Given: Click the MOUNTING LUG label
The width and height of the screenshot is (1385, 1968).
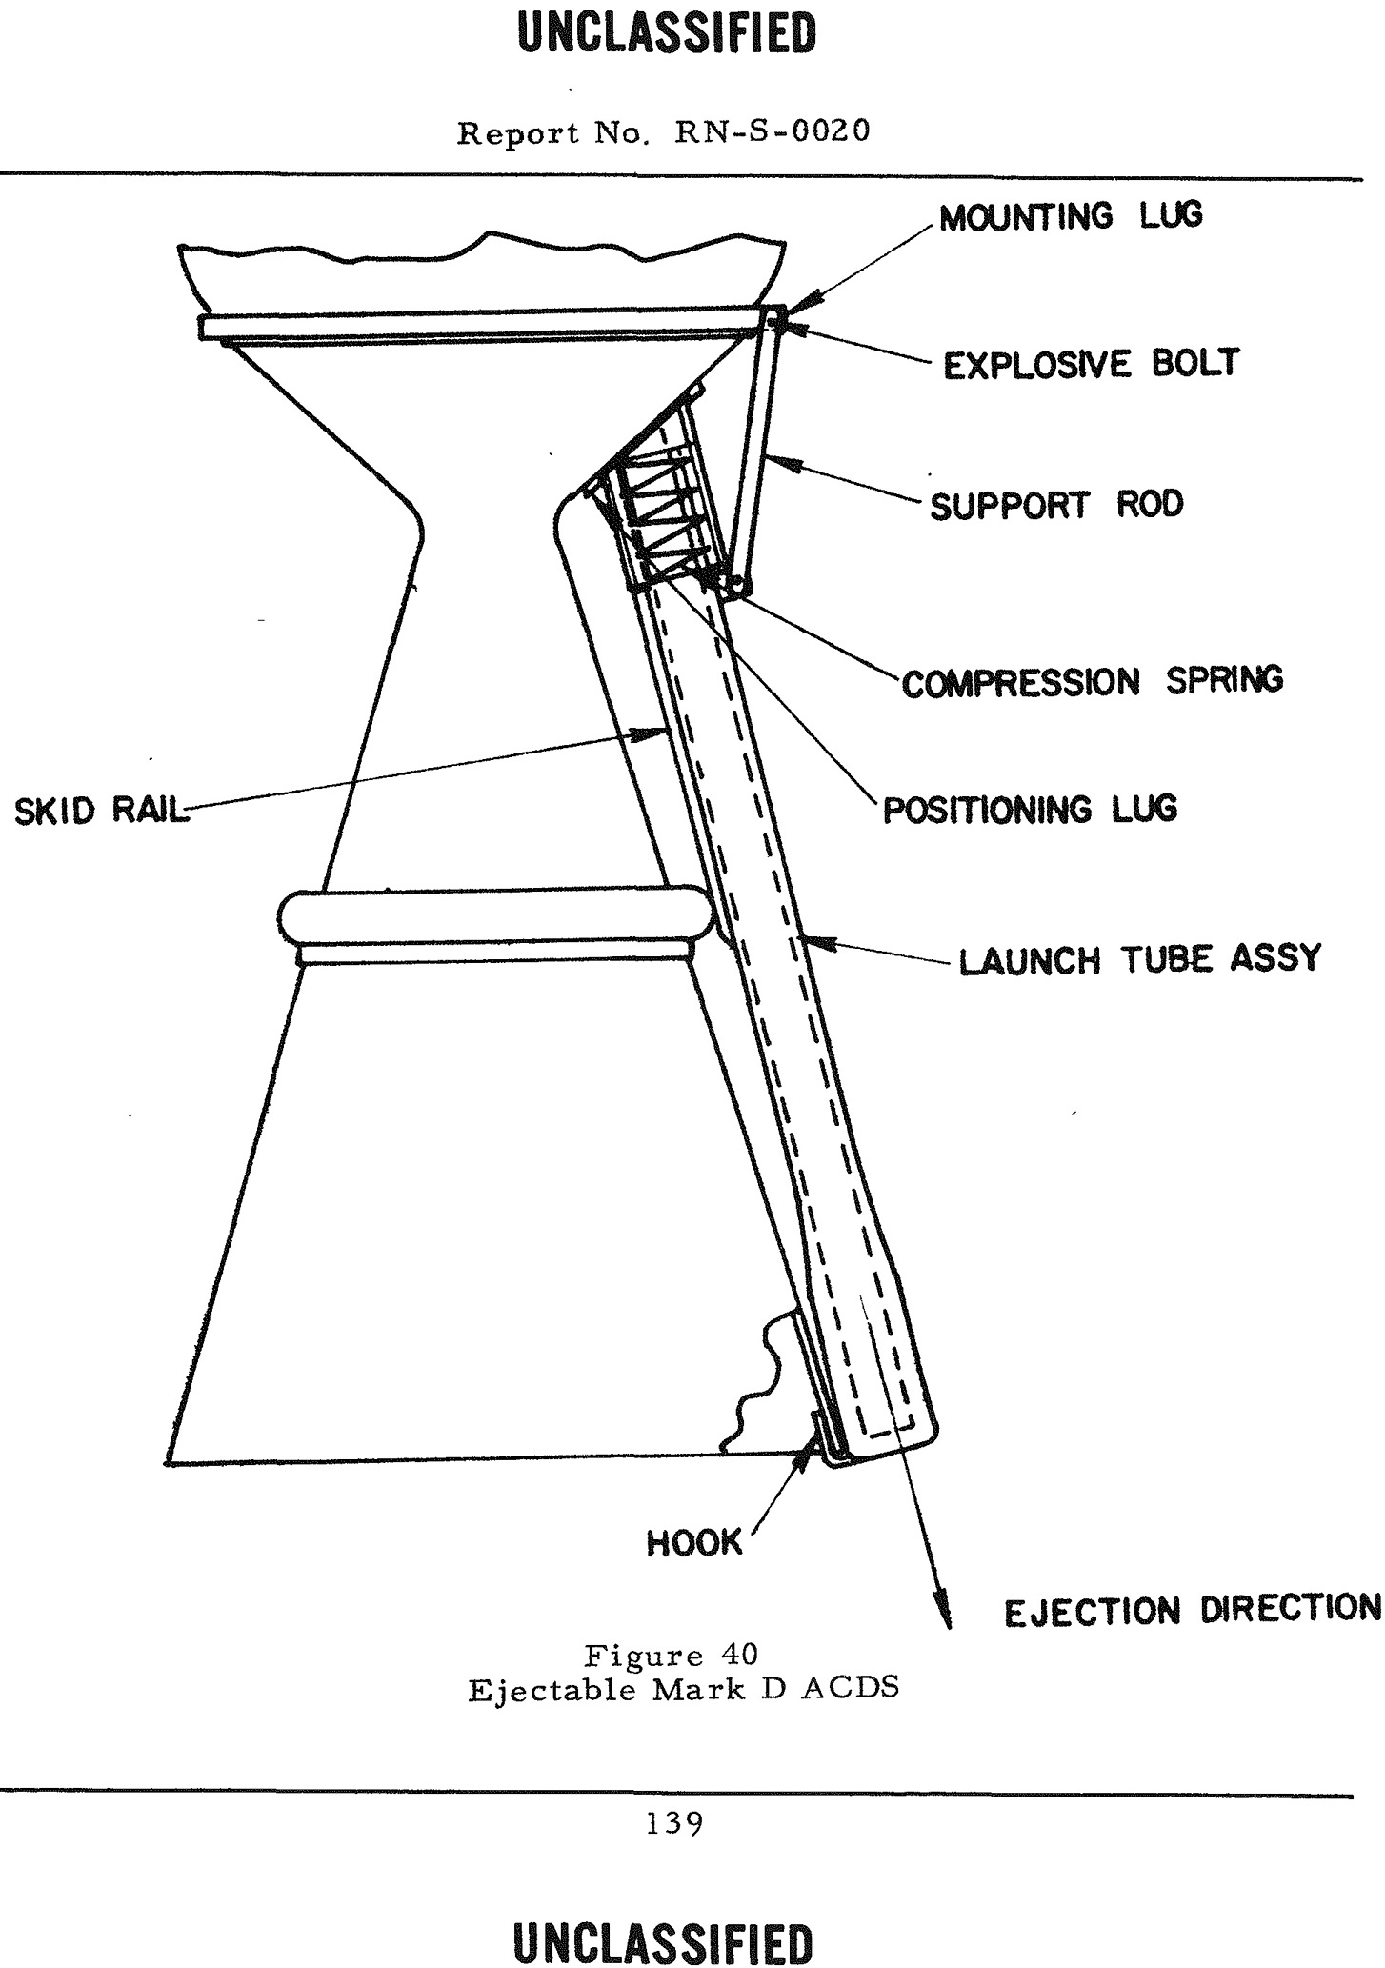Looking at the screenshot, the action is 1071,216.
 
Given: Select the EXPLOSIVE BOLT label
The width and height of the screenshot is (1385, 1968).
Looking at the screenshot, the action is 1092,364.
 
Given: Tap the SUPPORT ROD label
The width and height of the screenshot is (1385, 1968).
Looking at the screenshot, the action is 1056,504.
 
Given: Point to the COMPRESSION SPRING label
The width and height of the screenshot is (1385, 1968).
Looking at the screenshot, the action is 1093,681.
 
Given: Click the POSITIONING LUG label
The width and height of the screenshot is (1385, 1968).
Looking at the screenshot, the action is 1030,810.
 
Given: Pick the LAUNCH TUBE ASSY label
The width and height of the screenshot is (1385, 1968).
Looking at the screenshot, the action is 1140,958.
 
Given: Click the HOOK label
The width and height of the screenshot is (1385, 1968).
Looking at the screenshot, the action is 693,1542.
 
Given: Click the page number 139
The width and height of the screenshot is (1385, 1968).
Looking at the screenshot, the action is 674,1823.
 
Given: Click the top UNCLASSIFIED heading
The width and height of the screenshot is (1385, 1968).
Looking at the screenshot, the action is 668,34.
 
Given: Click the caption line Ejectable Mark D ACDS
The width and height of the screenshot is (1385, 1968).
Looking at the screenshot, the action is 684,1689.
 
